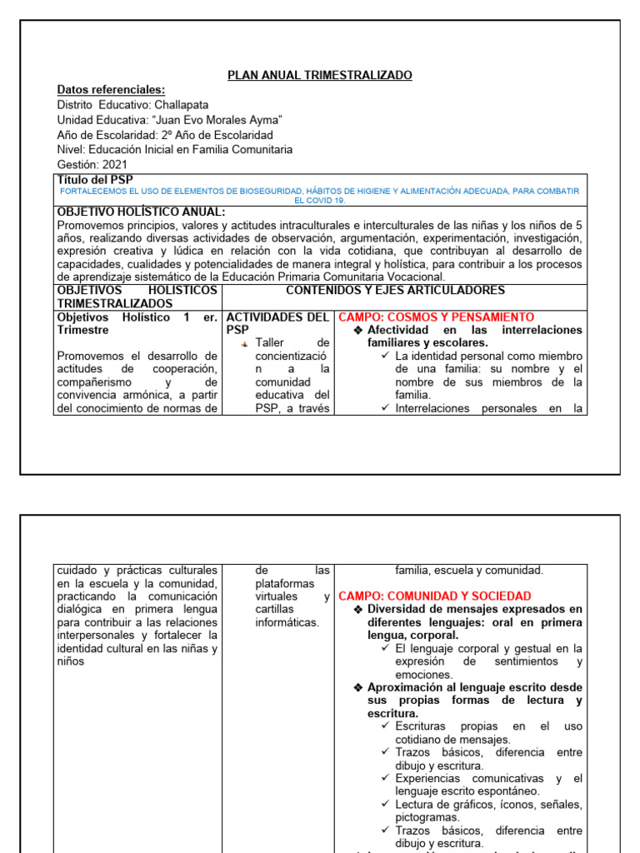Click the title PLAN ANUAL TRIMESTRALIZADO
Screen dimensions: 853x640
tap(320, 76)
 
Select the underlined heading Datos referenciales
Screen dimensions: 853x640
tap(111, 90)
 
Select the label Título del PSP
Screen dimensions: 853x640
tap(95, 180)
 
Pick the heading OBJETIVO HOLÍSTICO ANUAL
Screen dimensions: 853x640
tap(141, 212)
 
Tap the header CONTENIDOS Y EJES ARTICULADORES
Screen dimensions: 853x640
tap(395, 290)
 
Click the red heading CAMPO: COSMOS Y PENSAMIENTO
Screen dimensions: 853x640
tap(436, 317)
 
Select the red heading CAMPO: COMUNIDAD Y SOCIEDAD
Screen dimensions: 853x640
tap(434, 596)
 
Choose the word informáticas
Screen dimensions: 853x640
tap(287, 622)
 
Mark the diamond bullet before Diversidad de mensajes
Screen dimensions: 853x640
tap(357, 610)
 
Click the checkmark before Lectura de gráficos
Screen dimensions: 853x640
tap(386, 805)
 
